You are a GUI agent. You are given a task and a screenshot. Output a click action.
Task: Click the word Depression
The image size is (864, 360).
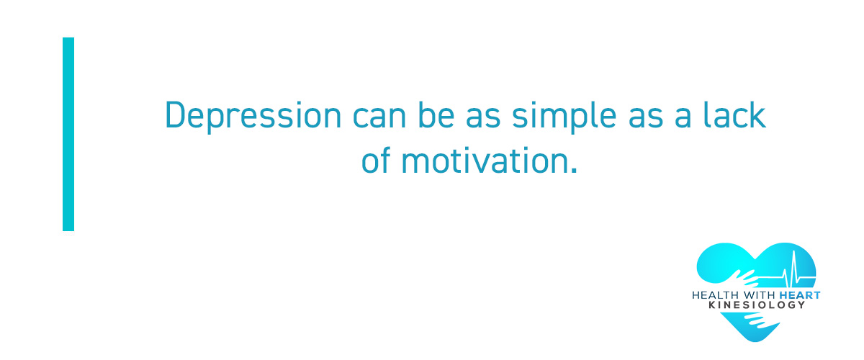coord(253,117)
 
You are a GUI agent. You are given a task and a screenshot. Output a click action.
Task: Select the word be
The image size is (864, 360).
coord(436,115)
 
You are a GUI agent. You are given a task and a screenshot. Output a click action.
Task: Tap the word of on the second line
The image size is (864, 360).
coord(376,159)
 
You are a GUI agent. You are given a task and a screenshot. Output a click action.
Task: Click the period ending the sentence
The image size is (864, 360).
coord(574,170)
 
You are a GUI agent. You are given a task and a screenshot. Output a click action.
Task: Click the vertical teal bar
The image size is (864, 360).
coord(68,134)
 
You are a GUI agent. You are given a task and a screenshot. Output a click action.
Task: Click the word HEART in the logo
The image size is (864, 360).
coord(800,295)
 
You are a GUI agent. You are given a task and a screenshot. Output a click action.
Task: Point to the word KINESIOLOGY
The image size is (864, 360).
coord(757,305)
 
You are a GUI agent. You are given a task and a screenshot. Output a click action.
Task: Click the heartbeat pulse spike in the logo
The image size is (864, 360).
coord(793,268)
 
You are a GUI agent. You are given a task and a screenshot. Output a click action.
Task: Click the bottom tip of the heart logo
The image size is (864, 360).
coord(755,341)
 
